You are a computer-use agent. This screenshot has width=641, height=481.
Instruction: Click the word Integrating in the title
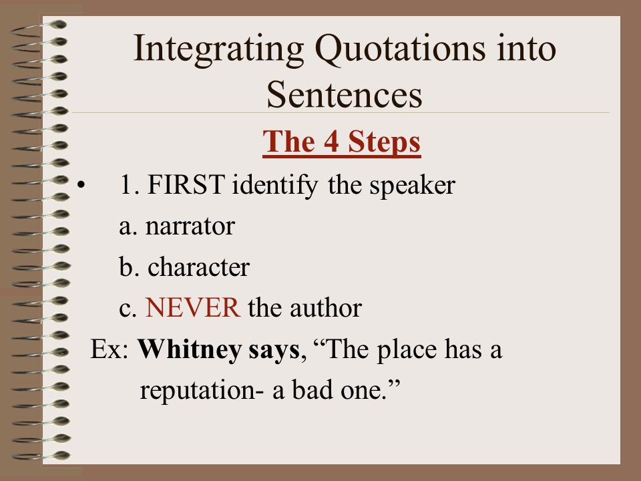219,50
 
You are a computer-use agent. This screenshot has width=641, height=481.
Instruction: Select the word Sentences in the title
345,95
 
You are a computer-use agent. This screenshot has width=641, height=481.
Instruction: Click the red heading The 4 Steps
342,142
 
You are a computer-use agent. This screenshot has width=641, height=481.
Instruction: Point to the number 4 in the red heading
332,142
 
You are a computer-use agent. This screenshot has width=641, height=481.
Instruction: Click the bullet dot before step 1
81,185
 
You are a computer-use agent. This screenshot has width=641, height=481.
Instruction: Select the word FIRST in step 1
186,184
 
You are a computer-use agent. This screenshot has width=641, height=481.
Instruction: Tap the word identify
274,186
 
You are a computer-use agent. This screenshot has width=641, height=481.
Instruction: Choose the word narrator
190,227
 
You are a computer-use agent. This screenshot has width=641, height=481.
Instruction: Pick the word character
198,267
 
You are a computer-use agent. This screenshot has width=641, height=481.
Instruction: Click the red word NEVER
193,307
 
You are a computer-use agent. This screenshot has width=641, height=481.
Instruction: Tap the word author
326,308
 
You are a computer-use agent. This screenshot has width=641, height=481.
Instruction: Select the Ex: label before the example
109,349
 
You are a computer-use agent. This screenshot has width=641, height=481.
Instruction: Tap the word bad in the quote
312,389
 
